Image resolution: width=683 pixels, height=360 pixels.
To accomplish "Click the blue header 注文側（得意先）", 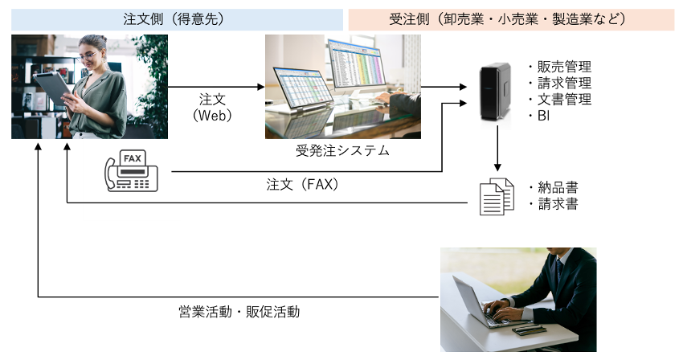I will click(x=177, y=18).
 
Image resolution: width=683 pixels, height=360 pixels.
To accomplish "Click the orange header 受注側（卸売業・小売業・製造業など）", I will click(x=510, y=18).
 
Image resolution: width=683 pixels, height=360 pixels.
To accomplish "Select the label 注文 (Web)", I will click(x=212, y=108).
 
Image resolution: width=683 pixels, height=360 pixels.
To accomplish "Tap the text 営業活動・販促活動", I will click(x=239, y=311).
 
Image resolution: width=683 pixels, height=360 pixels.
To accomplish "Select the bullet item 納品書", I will click(x=558, y=187).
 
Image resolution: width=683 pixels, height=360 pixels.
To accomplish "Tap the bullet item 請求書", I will click(x=558, y=204).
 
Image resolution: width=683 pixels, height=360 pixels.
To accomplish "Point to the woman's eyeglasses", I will click(x=91, y=56).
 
